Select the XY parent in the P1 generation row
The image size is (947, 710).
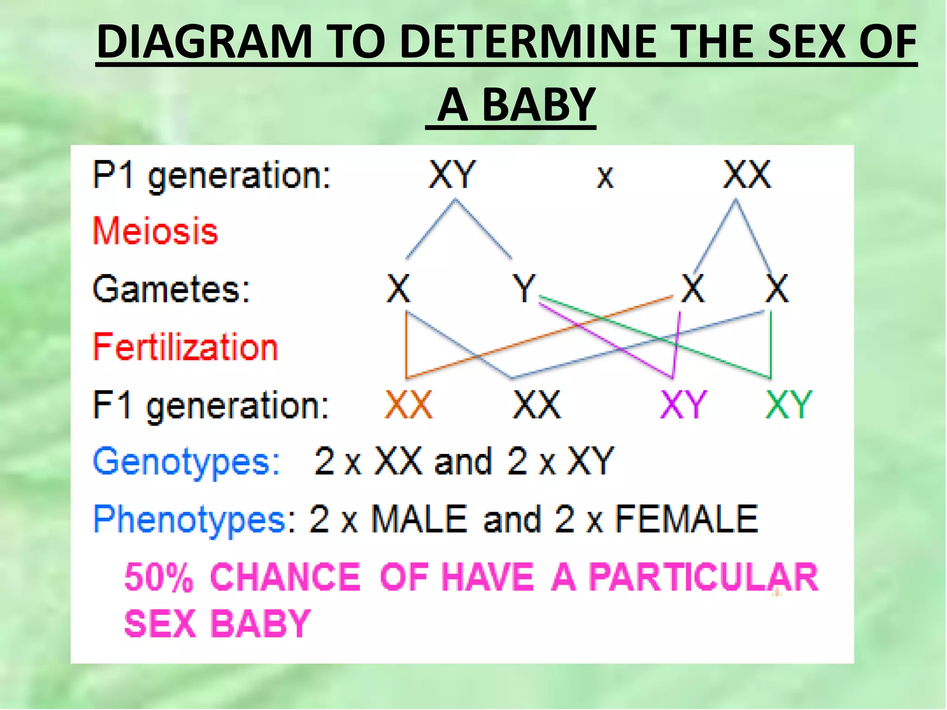coord(452,175)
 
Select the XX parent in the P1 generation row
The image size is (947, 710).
coord(747,175)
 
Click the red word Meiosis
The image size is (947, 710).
coord(155,231)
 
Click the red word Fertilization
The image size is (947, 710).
coord(185,347)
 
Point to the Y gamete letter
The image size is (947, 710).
coord(523,288)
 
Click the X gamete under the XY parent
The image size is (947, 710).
coord(398,288)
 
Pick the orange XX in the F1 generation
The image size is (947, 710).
coord(409,405)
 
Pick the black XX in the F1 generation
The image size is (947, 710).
coord(537,405)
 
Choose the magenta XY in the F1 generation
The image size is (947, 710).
coord(683,405)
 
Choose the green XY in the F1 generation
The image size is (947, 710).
coord(788,405)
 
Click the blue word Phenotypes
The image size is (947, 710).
coord(190,520)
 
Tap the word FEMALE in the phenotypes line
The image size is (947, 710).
coord(686,520)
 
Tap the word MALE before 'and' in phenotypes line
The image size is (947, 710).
coord(419,520)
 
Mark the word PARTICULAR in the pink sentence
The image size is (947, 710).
coord(703,577)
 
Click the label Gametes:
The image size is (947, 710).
coord(171,289)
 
